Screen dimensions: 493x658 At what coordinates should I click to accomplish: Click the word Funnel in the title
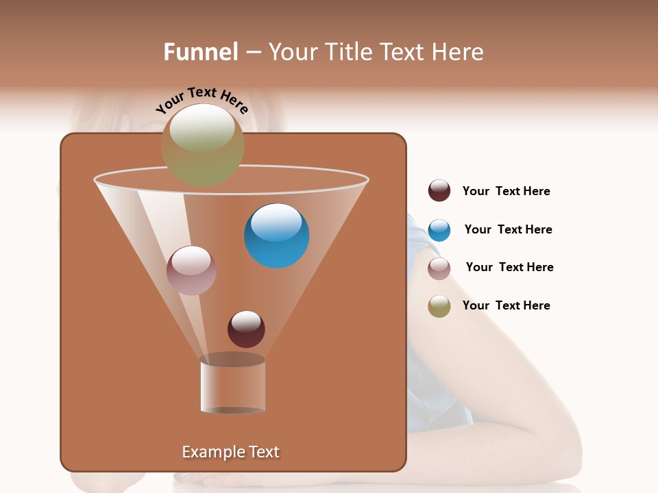201,52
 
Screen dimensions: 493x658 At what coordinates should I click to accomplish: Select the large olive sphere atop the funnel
203,145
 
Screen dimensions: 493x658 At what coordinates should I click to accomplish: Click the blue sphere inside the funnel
277,237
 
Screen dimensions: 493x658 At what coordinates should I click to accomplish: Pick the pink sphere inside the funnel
192,270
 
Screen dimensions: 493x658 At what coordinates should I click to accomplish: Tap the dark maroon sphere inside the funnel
246,329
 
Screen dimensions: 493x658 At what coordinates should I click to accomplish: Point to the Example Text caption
231,452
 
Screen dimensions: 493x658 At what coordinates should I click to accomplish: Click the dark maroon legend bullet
439,191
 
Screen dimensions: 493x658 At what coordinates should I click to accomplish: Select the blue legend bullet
439,230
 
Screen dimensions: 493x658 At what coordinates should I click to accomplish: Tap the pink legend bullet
439,268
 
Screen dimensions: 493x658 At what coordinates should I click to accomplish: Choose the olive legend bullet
439,306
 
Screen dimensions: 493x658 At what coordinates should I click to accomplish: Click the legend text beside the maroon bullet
506,192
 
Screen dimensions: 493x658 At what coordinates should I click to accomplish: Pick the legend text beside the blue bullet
508,230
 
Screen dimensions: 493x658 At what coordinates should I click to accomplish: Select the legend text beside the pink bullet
509,268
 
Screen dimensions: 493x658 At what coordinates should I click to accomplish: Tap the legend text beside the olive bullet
506,305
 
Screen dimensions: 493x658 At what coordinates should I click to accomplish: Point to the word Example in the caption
212,452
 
